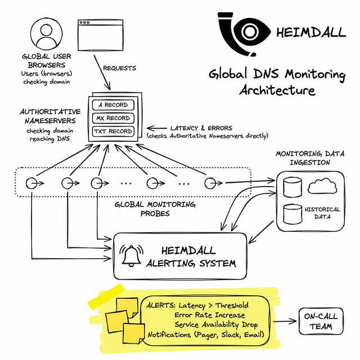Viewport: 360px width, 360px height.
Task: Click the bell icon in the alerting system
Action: pos(133,255)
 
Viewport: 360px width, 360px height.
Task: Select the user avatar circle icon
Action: pos(46,34)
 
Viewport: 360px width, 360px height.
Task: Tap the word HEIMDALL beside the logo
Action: pos(312,32)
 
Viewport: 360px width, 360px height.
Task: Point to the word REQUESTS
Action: pos(120,69)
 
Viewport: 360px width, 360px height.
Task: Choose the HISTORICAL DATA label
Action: pos(322,213)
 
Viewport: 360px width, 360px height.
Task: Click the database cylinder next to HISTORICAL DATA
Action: pos(292,213)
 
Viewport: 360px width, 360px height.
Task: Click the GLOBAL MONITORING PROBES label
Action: pos(155,209)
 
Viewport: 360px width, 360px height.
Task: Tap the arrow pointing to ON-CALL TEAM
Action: pos(284,322)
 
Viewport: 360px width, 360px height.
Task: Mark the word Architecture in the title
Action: pos(277,90)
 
